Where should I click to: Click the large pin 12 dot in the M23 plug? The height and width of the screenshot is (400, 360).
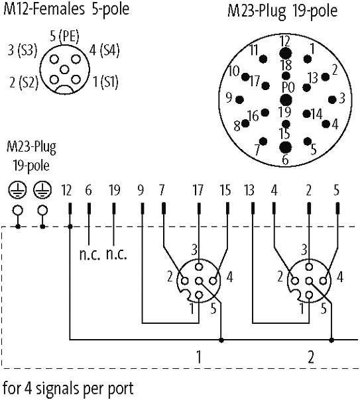[286, 53]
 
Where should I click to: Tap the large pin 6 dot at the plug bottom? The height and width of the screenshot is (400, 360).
[286, 147]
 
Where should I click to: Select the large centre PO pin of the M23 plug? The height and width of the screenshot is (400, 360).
[286, 100]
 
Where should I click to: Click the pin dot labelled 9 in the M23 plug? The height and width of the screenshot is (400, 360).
[239, 100]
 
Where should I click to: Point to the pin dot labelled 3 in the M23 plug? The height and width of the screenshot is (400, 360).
[332, 100]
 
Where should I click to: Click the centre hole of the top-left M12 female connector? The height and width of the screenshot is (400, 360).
[65, 70]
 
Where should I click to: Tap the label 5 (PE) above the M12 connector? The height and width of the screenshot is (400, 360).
[64, 36]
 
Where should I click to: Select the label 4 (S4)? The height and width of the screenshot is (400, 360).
[105, 50]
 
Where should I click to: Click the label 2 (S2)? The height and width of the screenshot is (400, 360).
[24, 82]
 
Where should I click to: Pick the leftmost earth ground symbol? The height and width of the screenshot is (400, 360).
[18, 190]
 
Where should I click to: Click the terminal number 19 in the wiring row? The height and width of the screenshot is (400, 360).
[114, 190]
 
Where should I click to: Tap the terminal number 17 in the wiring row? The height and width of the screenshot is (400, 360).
[198, 190]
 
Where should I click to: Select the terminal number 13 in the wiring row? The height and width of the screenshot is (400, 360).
[249, 190]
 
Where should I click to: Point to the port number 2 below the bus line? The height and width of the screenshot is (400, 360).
[311, 357]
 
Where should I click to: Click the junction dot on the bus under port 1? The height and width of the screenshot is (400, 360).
[221, 340]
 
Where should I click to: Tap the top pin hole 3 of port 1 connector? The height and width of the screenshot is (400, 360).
[199, 267]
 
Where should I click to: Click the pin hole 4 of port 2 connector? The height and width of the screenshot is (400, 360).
[324, 281]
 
